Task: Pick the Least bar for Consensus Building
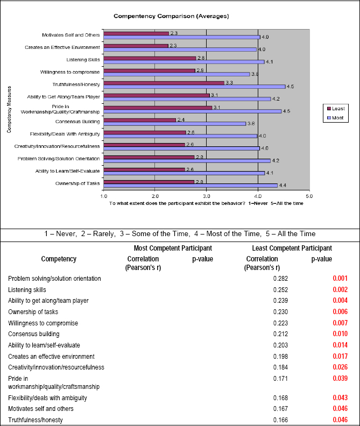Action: [139, 120]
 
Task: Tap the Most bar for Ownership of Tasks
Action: [190, 185]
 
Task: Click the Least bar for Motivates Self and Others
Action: [136, 33]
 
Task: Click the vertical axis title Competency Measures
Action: [10, 110]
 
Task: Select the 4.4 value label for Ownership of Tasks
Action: [283, 186]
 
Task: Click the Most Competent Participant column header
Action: [173, 248]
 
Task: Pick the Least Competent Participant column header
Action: [292, 248]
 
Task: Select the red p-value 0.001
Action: [340, 279]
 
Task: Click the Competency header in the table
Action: [59, 259]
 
